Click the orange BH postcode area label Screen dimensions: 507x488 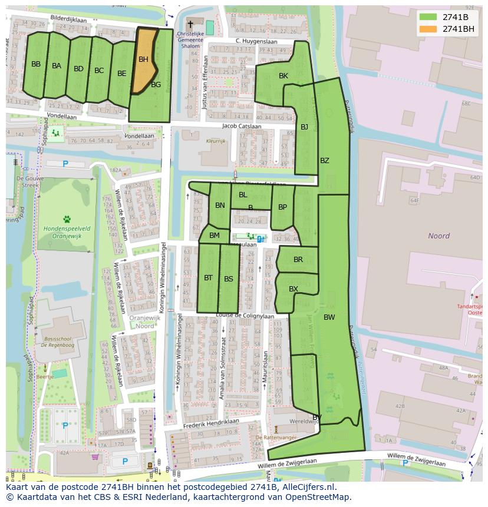pos(143,59)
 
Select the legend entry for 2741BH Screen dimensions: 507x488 pos(458,29)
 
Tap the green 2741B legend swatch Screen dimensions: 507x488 pos(428,17)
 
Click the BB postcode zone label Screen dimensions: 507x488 pos(36,64)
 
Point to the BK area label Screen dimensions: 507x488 pos(283,76)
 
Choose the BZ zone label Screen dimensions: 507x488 pos(325,161)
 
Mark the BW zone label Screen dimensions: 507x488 pos(329,317)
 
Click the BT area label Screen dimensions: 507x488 pos(208,278)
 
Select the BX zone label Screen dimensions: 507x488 pos(294,289)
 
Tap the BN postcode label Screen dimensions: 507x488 pos(220,206)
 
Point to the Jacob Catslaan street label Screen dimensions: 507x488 pos(242,126)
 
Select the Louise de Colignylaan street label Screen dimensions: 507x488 pos(245,316)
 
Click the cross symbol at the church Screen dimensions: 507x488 pos(190,24)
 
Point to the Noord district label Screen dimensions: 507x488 pos(438,236)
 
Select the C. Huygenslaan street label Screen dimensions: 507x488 pos(256,41)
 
